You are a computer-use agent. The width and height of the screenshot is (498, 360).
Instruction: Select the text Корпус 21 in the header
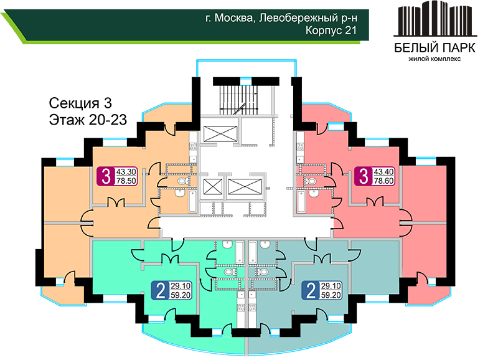click(331, 31)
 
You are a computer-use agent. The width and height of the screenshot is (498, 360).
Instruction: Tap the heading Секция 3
click(80, 103)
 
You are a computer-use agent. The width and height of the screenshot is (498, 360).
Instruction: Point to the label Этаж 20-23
click(88, 120)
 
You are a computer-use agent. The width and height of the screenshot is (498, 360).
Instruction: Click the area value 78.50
click(126, 181)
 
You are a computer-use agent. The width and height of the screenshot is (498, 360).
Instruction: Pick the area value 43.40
click(383, 172)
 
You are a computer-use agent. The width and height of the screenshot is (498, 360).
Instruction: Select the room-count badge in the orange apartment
click(106, 176)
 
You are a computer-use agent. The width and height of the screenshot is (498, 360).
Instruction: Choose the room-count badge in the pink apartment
click(364, 176)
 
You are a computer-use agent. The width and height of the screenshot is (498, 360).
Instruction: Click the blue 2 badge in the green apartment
click(161, 290)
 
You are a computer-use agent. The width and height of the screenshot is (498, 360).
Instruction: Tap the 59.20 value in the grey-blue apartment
click(331, 295)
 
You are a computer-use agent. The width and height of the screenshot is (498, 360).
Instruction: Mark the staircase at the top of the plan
click(240, 99)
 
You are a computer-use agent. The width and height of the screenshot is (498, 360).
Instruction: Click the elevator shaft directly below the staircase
click(220, 134)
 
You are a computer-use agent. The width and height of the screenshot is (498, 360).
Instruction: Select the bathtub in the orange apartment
click(193, 201)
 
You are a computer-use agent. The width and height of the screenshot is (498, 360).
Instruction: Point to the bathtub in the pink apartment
click(301, 201)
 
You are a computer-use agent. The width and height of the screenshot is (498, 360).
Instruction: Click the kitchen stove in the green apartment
click(241, 307)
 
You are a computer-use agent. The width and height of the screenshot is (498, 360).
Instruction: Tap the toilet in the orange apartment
click(182, 181)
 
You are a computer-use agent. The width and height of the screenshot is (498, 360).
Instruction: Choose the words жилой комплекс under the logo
click(435, 59)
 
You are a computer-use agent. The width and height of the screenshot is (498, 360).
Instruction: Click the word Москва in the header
click(233, 18)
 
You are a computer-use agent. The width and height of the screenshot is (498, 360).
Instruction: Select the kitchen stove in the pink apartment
click(300, 146)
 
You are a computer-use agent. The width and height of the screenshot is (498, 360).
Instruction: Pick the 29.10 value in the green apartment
click(181, 286)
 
